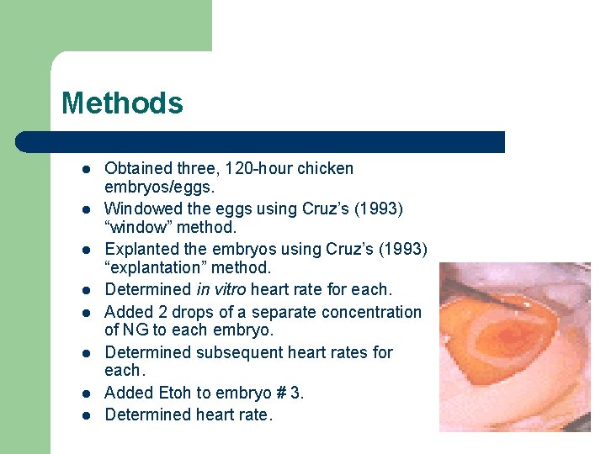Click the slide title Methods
pos(122,103)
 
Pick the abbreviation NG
pos(136,330)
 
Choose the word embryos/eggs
pos(153,187)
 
